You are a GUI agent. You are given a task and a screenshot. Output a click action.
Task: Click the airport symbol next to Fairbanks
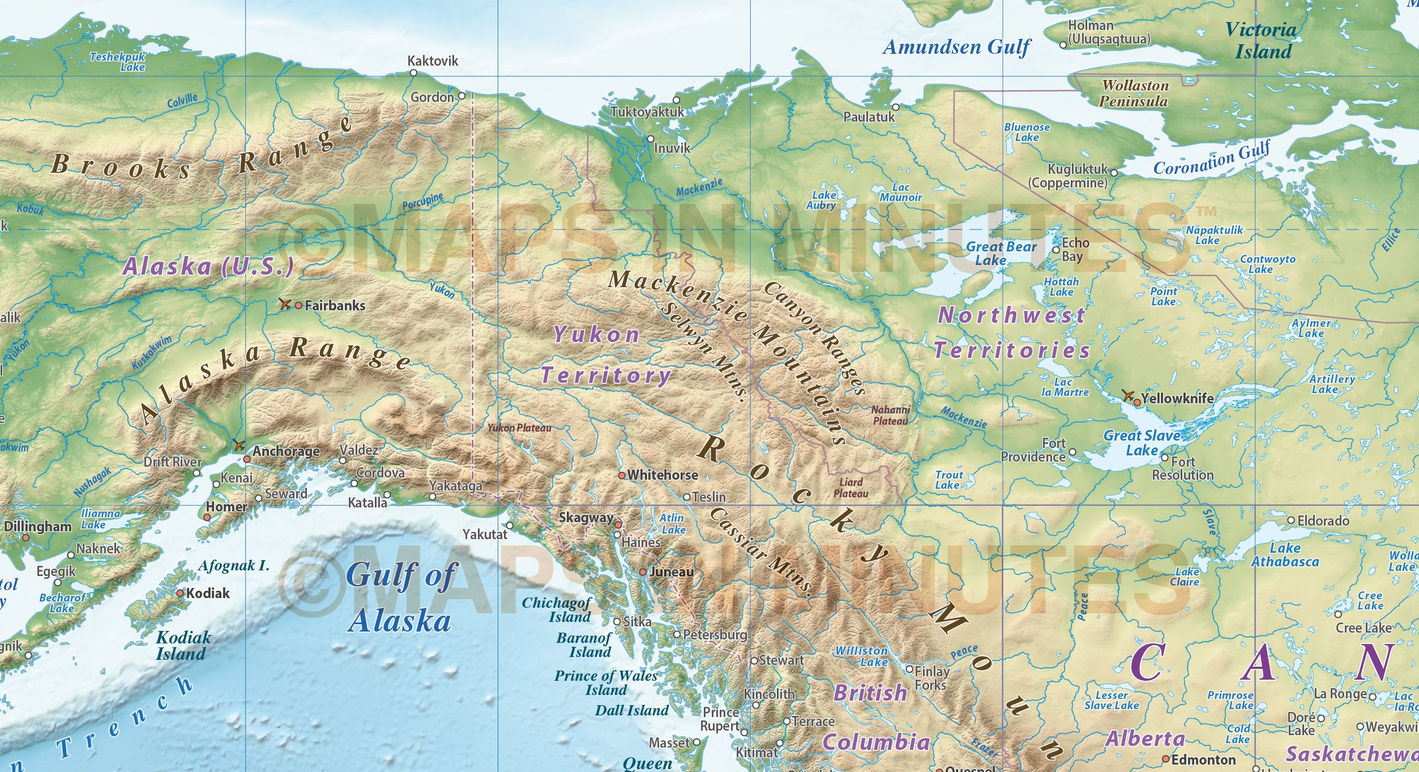(x=285, y=304)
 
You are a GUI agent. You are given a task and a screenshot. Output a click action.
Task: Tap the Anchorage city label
(x=286, y=451)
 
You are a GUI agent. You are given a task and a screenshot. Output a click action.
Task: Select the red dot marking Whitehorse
(x=622, y=475)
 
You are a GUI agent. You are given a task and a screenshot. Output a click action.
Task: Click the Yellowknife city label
(x=1177, y=398)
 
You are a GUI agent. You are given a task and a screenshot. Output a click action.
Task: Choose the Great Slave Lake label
(x=1142, y=443)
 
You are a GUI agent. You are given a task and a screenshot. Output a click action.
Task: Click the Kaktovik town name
(x=433, y=61)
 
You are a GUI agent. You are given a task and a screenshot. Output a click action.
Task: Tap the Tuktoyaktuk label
(x=647, y=112)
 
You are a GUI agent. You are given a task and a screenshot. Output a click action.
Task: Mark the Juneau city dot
(x=643, y=572)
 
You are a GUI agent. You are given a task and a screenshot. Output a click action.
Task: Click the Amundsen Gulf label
(x=956, y=47)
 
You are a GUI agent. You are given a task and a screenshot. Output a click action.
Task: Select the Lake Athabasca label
(x=1285, y=555)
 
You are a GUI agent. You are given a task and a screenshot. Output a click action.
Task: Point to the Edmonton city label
(x=1203, y=760)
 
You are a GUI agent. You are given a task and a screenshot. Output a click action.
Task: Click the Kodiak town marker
(x=180, y=593)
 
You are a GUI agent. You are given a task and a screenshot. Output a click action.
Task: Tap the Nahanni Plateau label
(x=890, y=415)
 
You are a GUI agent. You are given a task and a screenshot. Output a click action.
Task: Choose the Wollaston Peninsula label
(x=1134, y=93)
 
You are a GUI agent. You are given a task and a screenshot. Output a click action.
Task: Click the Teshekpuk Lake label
(x=118, y=62)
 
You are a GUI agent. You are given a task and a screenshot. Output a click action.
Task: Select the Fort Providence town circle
(x=1072, y=453)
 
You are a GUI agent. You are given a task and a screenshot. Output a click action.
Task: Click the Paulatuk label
(x=869, y=117)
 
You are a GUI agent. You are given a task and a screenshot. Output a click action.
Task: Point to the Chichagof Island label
(x=556, y=609)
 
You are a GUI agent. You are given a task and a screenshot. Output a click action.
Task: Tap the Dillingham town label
(x=38, y=527)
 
